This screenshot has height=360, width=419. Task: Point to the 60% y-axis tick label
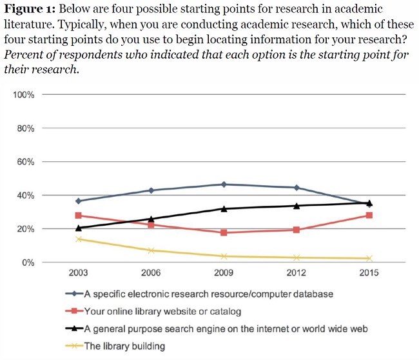tap(24, 162)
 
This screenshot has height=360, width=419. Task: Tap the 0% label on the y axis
tap(27, 263)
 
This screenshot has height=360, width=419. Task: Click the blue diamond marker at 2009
tap(224, 185)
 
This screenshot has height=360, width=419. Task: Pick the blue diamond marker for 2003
tap(78, 201)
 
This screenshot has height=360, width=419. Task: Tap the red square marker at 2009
tap(224, 232)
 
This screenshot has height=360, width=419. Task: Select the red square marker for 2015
tap(369, 215)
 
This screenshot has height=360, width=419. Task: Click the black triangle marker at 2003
tap(78, 227)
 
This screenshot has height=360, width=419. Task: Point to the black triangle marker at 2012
tap(297, 206)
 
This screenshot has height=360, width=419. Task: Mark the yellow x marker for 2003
tap(78, 239)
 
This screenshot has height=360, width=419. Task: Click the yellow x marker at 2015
tap(369, 258)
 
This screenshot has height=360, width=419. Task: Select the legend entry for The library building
tap(125, 346)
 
